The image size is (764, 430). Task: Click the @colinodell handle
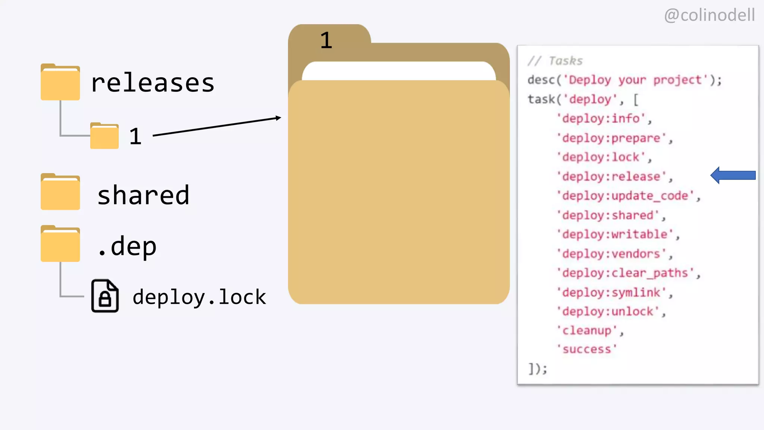tap(709, 15)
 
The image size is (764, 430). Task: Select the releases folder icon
tap(60, 82)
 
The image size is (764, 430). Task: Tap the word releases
tap(153, 83)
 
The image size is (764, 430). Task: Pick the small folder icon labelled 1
tap(104, 136)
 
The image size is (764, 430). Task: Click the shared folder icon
tap(60, 192)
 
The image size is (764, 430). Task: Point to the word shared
tap(143, 195)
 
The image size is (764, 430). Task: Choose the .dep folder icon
tap(60, 244)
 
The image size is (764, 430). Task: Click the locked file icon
tap(105, 296)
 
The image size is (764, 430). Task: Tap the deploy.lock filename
tap(199, 297)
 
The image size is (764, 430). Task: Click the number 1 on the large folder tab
tap(326, 40)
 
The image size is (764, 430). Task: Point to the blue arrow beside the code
tap(733, 175)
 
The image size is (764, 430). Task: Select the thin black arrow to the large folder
tap(217, 127)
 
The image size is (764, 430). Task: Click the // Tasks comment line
tap(555, 61)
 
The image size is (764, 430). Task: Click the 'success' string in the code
tap(587, 349)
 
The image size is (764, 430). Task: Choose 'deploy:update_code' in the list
tap(626, 196)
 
